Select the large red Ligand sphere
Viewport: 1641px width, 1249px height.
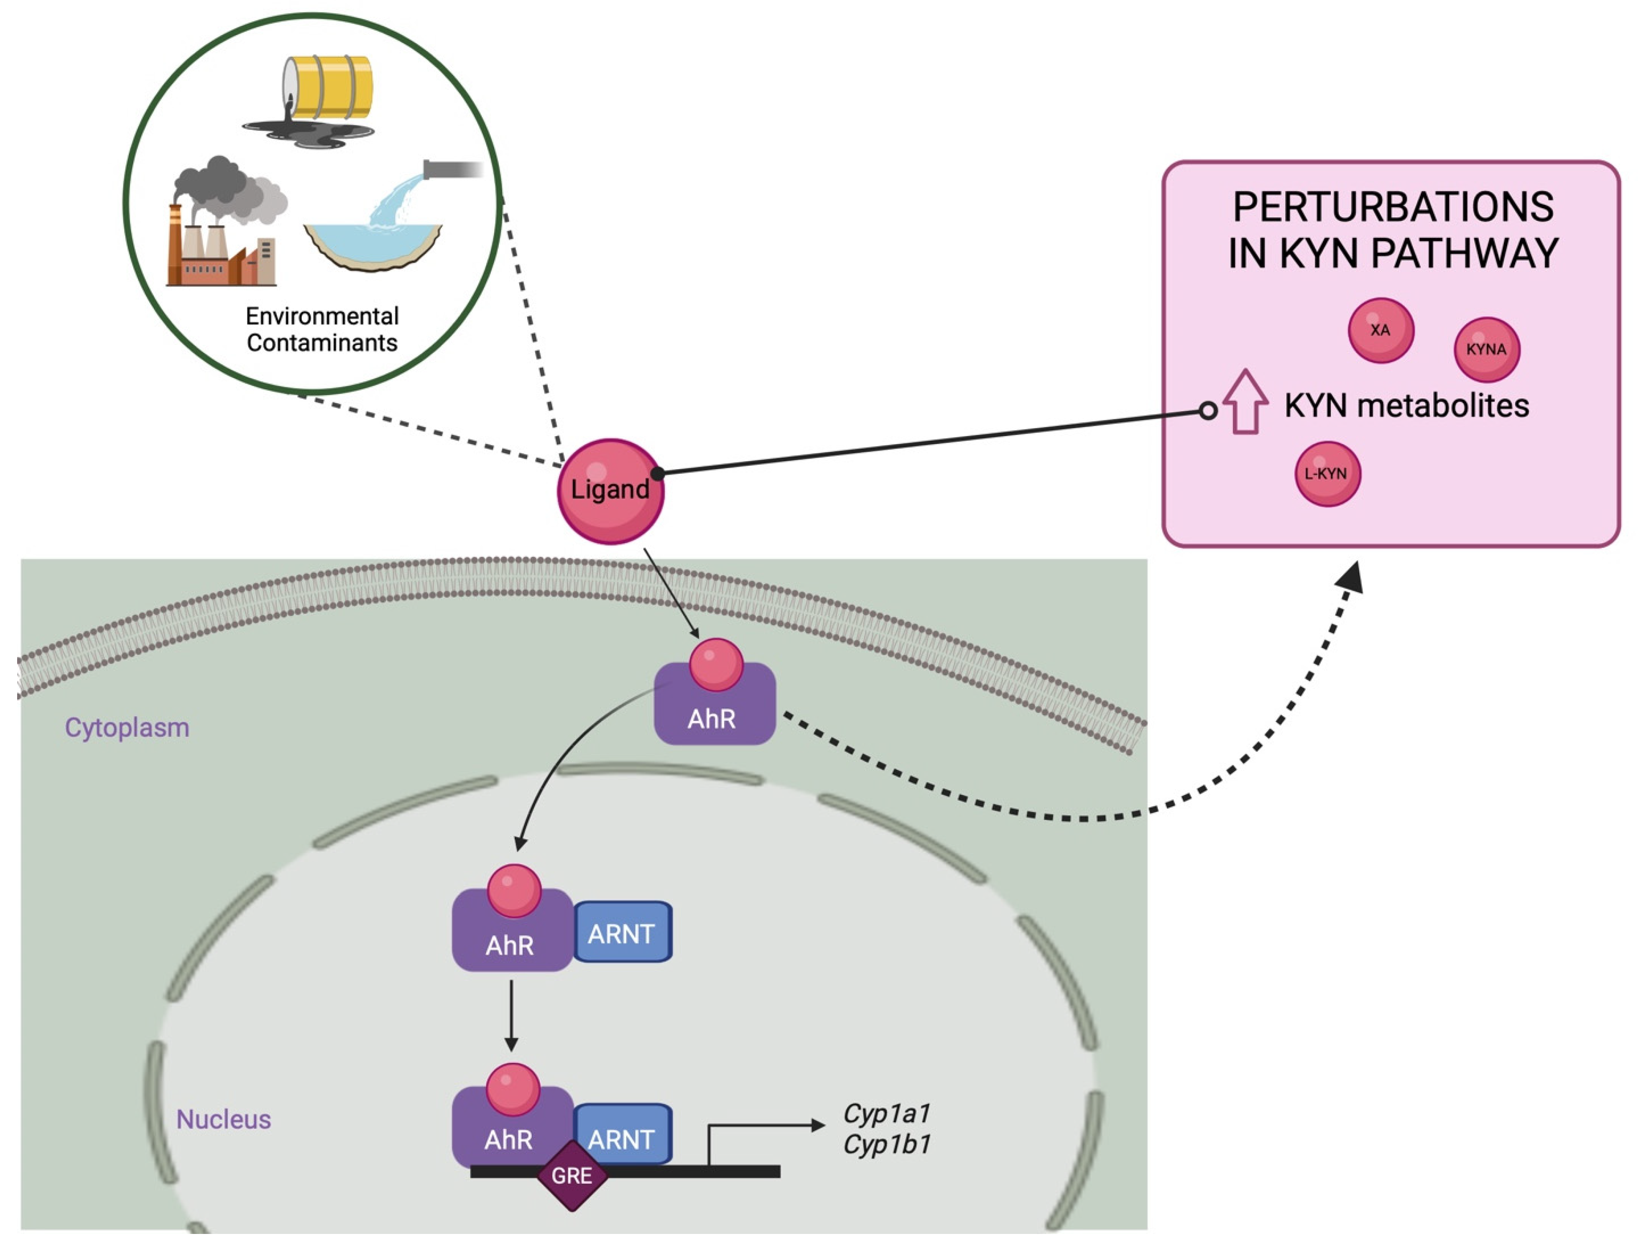point(610,490)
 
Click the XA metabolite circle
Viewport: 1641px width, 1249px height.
point(1380,330)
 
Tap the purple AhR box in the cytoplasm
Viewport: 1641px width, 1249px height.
point(714,710)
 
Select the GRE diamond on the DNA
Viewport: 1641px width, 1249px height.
point(572,1175)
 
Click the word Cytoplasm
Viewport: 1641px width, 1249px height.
point(127,727)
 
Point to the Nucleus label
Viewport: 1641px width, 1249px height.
point(223,1119)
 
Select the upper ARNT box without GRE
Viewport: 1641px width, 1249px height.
point(623,933)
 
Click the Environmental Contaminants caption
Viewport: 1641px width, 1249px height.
point(322,329)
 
